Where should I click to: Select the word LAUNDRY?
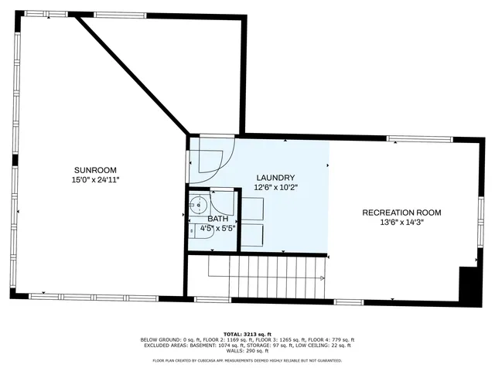pos(275,178)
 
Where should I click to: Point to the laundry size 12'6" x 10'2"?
pos(275,187)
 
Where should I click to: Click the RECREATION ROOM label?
pos(402,213)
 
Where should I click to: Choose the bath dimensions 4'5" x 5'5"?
pos(217,229)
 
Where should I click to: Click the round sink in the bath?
pos(199,206)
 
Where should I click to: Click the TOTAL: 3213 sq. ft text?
pos(247,334)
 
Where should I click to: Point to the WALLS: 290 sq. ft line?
pos(247,352)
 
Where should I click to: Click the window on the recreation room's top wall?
pos(419,139)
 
